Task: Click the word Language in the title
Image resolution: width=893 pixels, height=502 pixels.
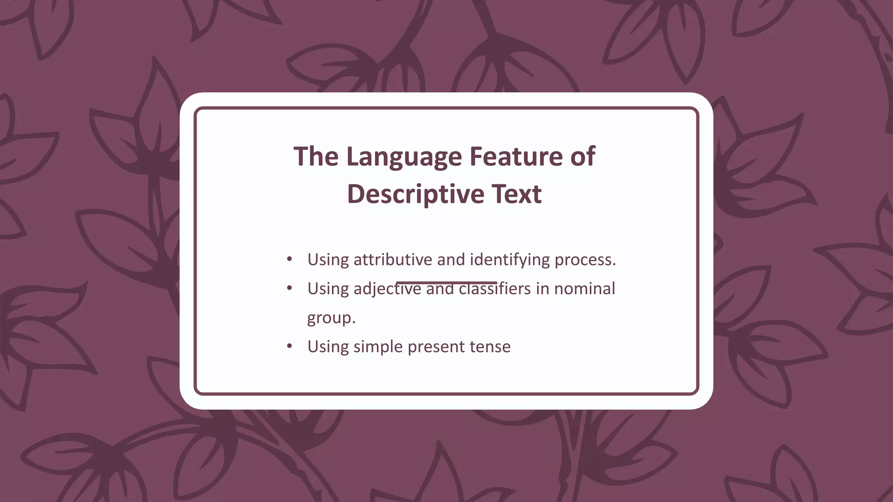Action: (x=404, y=157)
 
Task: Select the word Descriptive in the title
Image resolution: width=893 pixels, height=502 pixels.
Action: (x=416, y=194)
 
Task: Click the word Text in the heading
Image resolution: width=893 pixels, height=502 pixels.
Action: (x=517, y=194)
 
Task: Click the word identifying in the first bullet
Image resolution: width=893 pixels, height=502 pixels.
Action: (x=509, y=260)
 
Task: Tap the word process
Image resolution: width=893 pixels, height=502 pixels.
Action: (x=585, y=260)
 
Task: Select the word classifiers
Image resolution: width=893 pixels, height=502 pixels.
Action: (x=494, y=289)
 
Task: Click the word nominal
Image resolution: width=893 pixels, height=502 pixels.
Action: (x=584, y=289)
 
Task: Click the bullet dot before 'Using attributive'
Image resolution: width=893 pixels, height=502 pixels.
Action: (x=290, y=260)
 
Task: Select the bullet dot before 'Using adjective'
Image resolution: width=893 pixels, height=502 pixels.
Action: (x=290, y=288)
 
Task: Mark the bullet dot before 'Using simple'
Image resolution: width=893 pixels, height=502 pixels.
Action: (x=290, y=346)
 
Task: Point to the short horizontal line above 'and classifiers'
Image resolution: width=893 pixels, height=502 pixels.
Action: (x=446, y=282)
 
